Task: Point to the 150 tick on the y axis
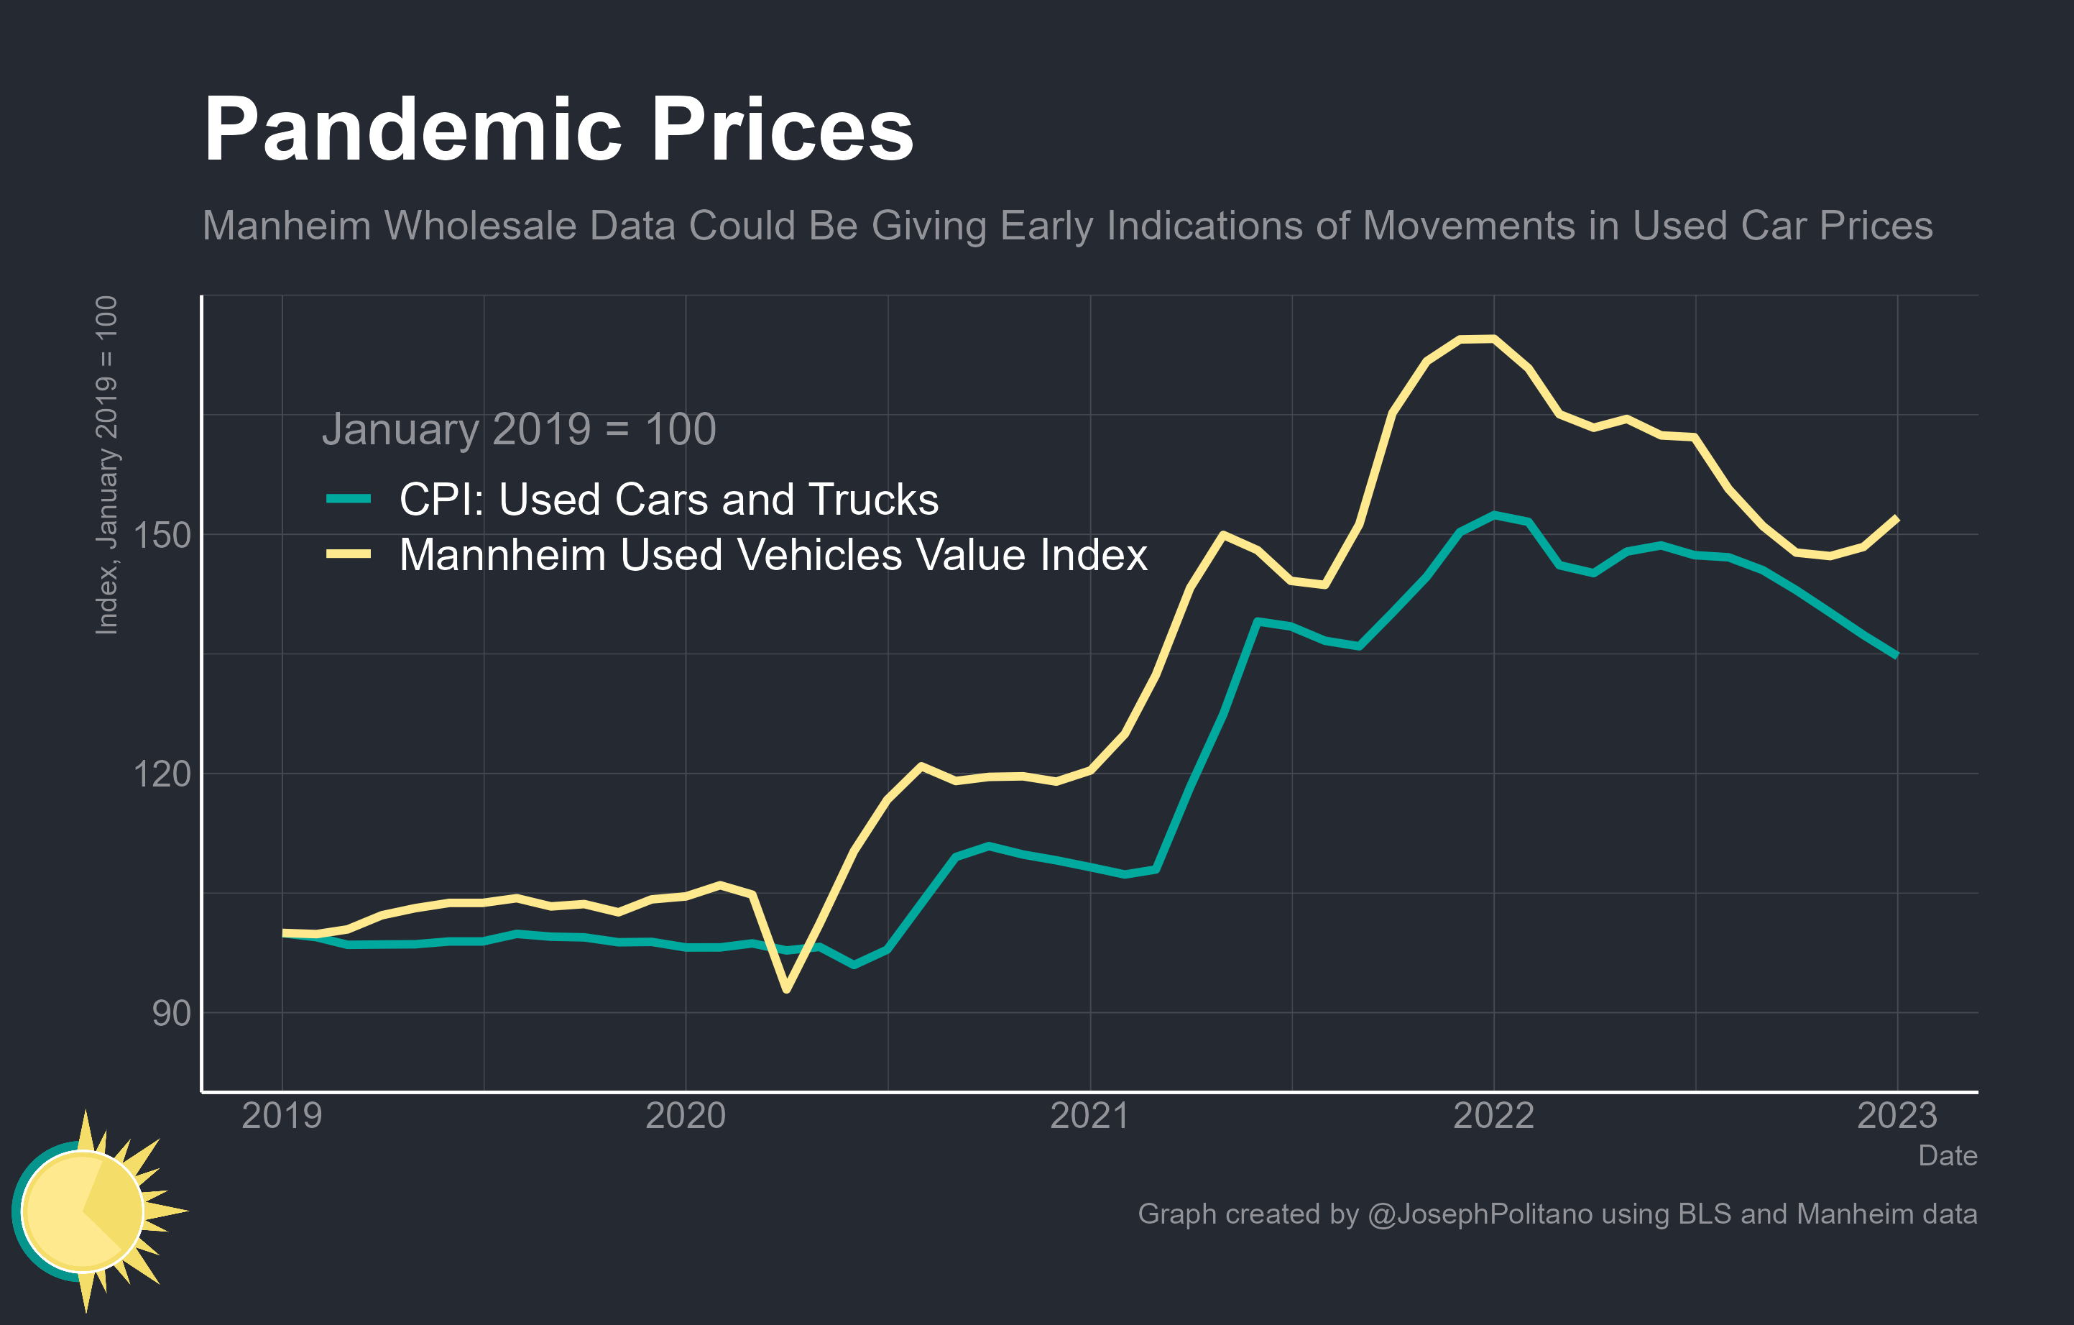(161, 535)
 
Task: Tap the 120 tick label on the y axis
(161, 774)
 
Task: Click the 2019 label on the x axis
(282, 1116)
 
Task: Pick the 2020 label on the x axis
(686, 1116)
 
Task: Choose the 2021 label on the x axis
(1089, 1116)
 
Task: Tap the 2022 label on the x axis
(1493, 1116)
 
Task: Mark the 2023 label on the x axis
(1896, 1116)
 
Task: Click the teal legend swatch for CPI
(348, 499)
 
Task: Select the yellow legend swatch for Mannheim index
(348, 554)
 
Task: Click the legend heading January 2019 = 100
(519, 429)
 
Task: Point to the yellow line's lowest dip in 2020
(786, 989)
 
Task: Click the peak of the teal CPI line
(1493, 515)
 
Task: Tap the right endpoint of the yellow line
(1896, 518)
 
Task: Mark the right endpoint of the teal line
(1896, 656)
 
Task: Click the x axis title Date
(1948, 1155)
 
